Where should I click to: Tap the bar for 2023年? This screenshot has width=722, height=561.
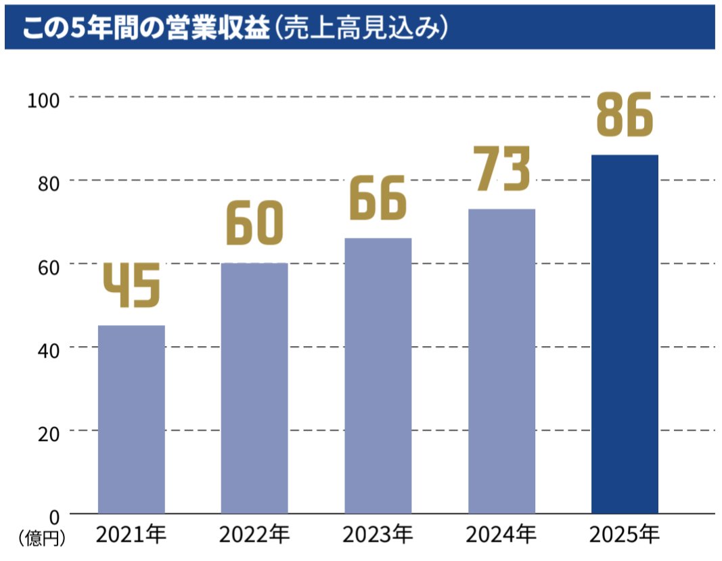pyautogui.click(x=378, y=375)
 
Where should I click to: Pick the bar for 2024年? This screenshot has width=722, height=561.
pyautogui.click(x=501, y=360)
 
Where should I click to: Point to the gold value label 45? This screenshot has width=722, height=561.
pyautogui.click(x=131, y=285)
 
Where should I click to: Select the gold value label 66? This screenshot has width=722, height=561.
pyautogui.click(x=378, y=197)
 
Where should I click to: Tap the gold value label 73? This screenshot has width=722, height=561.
pyautogui.click(x=501, y=169)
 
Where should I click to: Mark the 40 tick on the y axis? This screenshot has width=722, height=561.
pyautogui.click(x=48, y=349)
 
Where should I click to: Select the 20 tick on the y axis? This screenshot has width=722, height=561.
pyautogui.click(x=48, y=432)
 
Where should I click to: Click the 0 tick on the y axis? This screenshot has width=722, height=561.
pyautogui.click(x=55, y=515)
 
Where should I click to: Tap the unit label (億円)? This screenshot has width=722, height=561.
pyautogui.click(x=43, y=539)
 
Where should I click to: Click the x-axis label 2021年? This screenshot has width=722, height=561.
pyautogui.click(x=131, y=535)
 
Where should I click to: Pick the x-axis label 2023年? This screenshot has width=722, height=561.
pyautogui.click(x=378, y=535)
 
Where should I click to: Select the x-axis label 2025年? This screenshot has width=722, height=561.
pyautogui.click(x=625, y=535)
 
